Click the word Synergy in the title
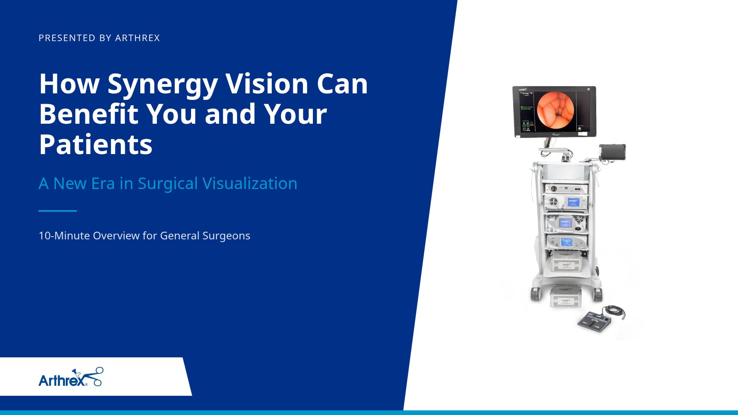point(163,84)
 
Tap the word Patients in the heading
point(96,144)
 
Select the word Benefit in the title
point(88,114)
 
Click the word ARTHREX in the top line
point(137,38)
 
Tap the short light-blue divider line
point(58,211)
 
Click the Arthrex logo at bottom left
point(71,377)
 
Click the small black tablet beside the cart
point(612,152)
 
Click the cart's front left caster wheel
point(535,294)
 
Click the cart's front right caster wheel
point(597,294)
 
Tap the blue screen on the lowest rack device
point(567,242)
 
